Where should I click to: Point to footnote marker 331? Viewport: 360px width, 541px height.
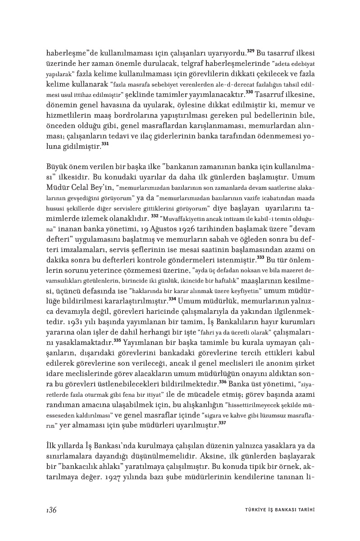pos(105,144)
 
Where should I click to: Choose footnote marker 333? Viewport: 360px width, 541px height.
pos(260,257)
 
